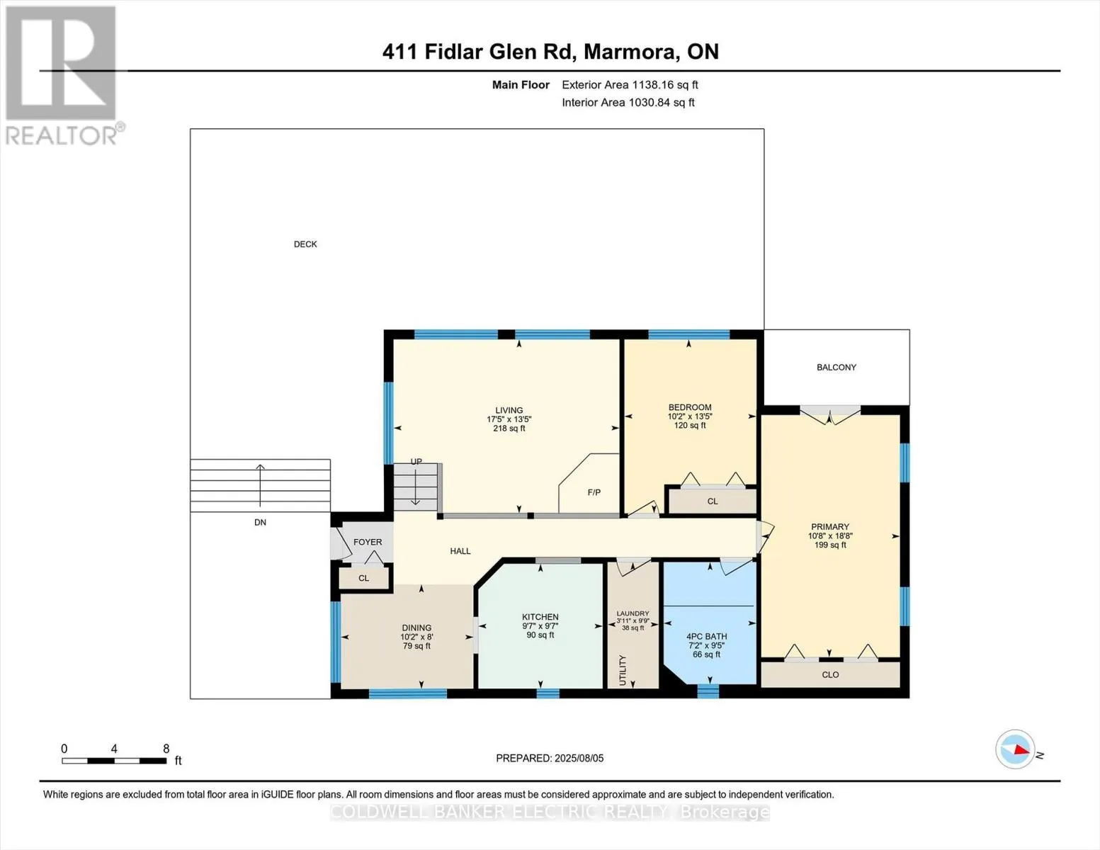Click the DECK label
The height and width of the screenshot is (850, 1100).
click(305, 244)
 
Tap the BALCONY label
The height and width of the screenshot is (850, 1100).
click(837, 367)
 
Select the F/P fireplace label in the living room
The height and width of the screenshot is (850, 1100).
click(594, 492)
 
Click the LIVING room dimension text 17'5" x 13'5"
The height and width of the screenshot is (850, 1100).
click(509, 419)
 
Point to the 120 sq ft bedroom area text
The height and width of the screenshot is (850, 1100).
click(689, 425)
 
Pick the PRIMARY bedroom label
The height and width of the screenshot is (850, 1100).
click(829, 526)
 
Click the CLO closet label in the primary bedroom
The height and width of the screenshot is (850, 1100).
click(830, 674)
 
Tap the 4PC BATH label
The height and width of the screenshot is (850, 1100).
click(706, 636)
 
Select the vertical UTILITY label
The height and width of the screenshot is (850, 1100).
click(623, 670)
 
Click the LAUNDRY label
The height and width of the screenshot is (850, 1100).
click(633, 613)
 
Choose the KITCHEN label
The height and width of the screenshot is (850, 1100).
click(540, 617)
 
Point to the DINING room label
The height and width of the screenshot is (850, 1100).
click(416, 628)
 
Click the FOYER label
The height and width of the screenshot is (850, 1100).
click(368, 542)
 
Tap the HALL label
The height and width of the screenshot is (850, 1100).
click(460, 551)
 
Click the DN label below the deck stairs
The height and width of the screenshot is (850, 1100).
click(260, 522)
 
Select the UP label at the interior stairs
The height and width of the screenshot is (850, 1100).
click(416, 461)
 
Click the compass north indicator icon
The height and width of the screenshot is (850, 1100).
click(1014, 749)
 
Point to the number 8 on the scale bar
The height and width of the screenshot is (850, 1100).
click(166, 748)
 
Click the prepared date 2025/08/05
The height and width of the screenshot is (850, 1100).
click(579, 758)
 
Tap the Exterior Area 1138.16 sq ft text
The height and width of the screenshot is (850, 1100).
click(630, 84)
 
